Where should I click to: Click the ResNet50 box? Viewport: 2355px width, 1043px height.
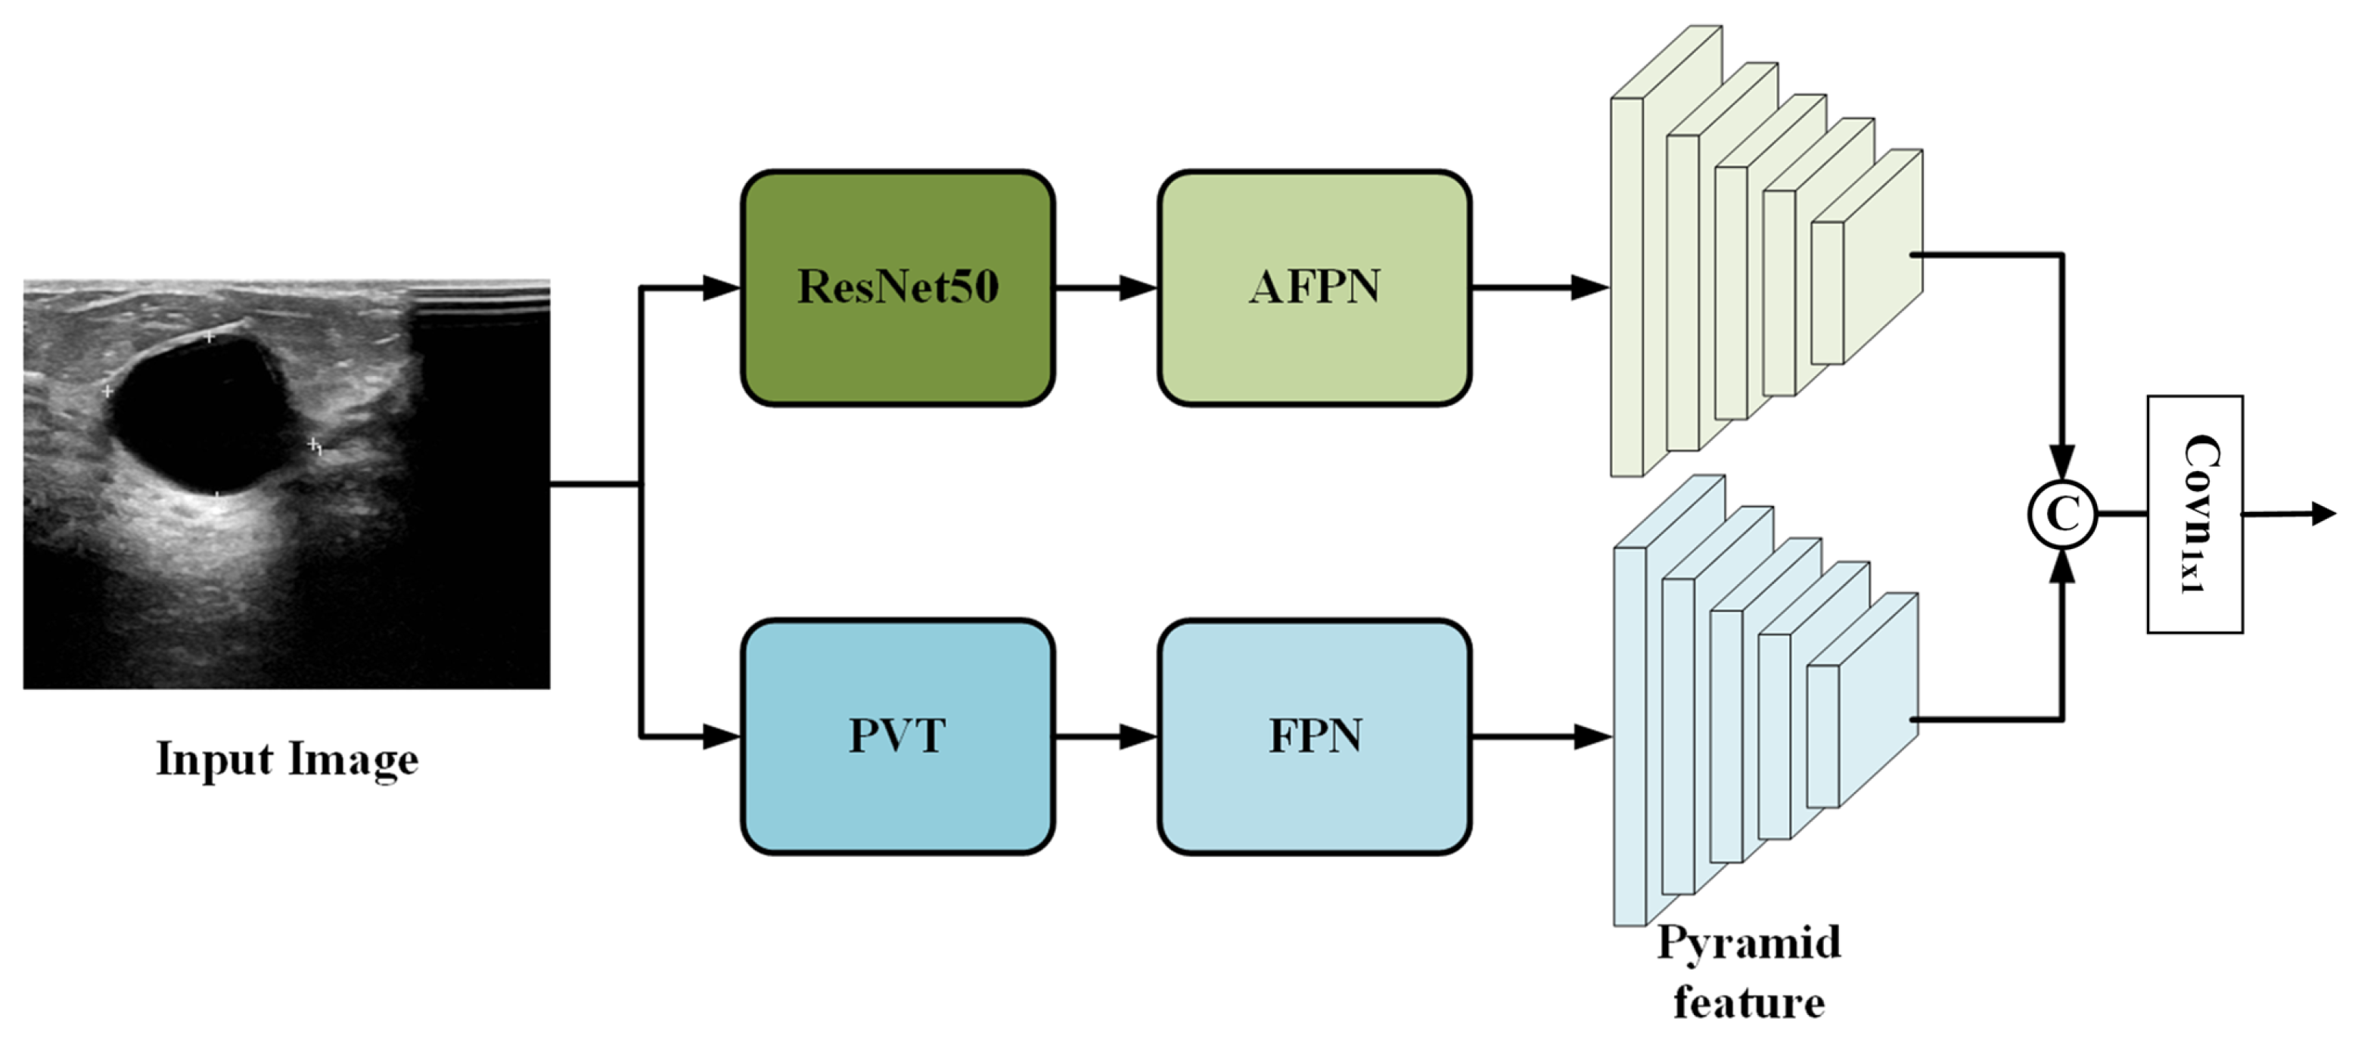(898, 287)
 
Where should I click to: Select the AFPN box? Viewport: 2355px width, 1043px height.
(1315, 287)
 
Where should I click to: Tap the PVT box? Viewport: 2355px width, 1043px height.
(898, 736)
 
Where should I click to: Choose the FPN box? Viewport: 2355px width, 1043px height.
(1315, 736)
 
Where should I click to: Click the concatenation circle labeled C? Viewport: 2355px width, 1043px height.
(2062, 514)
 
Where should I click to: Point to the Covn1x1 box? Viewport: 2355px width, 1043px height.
(2194, 514)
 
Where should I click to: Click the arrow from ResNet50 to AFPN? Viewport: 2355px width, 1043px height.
(1106, 287)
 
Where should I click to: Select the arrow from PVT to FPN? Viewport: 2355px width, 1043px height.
(1106, 736)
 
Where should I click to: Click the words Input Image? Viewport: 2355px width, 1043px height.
(287, 759)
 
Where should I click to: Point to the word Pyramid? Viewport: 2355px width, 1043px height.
(1749, 943)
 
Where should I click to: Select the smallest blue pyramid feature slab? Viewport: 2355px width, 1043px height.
(1861, 700)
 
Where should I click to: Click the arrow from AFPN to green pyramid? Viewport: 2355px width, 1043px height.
(1540, 287)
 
